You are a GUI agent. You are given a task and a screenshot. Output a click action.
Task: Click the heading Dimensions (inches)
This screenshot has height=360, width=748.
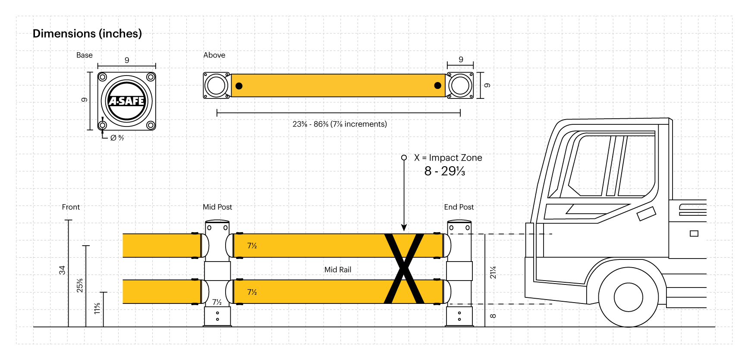click(x=87, y=34)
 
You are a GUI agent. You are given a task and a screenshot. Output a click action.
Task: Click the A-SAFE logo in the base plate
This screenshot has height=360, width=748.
click(x=126, y=101)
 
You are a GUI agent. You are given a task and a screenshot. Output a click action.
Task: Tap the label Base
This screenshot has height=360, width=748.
click(x=85, y=55)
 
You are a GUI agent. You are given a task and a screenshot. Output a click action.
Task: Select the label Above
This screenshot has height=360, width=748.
click(x=214, y=55)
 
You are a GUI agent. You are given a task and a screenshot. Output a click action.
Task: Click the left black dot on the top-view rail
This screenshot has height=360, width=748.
click(x=239, y=86)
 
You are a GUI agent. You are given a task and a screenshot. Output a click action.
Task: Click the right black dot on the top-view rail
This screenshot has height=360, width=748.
click(x=437, y=85)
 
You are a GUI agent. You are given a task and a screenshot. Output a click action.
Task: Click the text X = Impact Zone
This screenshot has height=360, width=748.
click(x=448, y=158)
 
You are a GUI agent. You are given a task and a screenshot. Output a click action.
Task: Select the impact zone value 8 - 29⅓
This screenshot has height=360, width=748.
click(x=444, y=171)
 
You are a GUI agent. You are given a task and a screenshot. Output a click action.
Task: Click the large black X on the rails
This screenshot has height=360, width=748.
click(x=404, y=268)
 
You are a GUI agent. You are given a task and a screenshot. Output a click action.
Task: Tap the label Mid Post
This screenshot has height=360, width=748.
click(x=217, y=207)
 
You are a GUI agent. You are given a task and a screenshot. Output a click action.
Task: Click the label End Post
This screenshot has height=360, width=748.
click(x=459, y=207)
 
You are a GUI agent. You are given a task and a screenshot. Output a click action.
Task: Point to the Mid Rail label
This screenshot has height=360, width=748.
click(x=338, y=270)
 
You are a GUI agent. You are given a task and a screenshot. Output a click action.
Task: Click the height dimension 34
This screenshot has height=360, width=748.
click(x=62, y=270)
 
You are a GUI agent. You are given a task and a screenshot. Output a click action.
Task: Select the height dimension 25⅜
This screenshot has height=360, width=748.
click(x=80, y=286)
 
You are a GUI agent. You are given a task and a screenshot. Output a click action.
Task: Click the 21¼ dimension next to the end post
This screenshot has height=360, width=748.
click(x=493, y=272)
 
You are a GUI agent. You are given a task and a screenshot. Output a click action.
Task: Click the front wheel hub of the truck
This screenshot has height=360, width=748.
click(x=628, y=297)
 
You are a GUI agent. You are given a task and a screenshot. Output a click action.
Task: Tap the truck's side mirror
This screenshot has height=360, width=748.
click(x=646, y=213)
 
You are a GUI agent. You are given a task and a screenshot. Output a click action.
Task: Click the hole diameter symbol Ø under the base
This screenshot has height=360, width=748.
click(x=113, y=138)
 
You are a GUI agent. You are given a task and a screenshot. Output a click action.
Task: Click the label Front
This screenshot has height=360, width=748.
click(x=71, y=207)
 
